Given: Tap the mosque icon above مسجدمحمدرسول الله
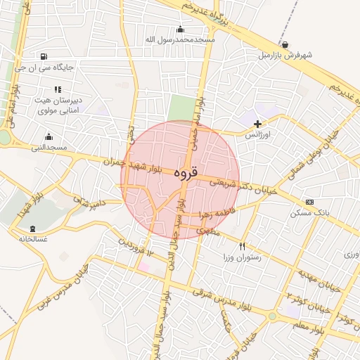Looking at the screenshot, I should [x=181, y=29].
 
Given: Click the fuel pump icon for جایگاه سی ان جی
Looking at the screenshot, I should [x=45, y=57].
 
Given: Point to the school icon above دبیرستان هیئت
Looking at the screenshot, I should [x=58, y=89].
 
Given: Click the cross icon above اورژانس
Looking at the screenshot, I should [x=257, y=124].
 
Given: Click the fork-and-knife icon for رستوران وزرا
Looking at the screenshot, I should [x=242, y=246].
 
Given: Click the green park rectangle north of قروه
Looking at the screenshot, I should [x=181, y=109].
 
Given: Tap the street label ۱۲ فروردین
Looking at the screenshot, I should [x=136, y=247].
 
